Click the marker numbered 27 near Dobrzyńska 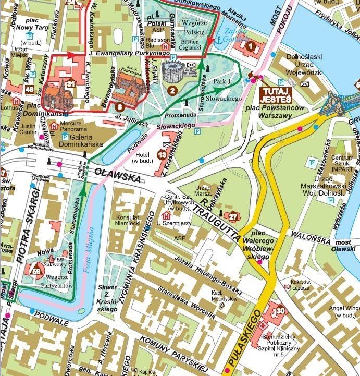(233, 216)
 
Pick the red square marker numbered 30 (280, 311)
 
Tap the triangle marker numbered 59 (36, 271)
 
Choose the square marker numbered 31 (71, 84)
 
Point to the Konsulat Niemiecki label (128, 220)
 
